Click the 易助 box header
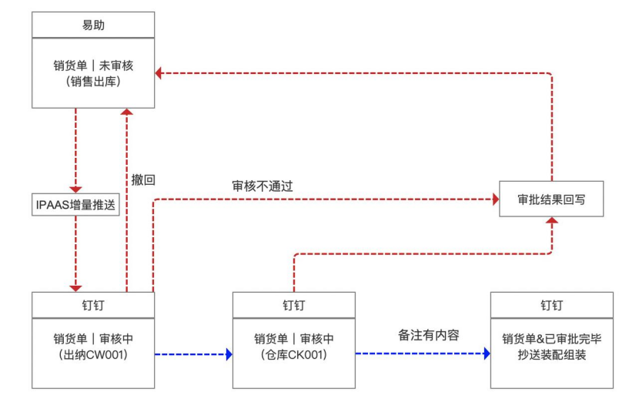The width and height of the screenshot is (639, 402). click(x=93, y=25)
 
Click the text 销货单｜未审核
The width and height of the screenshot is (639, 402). click(x=92, y=65)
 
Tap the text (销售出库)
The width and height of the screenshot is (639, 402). click(x=92, y=82)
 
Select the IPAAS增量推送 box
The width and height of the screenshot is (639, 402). click(x=75, y=204)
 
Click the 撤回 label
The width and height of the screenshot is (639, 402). click(x=143, y=180)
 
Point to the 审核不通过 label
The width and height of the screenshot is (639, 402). click(x=263, y=186)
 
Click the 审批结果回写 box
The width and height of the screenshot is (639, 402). click(x=551, y=199)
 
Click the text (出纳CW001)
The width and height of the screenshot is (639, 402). click(x=92, y=355)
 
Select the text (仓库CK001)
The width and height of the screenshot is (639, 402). click(x=293, y=355)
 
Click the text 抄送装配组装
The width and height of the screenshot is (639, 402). click(x=551, y=355)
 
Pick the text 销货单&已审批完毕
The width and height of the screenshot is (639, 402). click(x=551, y=339)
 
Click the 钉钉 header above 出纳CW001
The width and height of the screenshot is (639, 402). click(x=93, y=305)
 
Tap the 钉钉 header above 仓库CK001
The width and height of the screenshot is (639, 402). click(x=294, y=305)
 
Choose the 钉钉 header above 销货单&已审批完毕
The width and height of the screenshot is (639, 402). click(x=551, y=305)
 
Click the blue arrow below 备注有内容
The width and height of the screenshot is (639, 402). click(x=422, y=354)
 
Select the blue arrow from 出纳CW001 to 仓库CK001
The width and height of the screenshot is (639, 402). click(x=192, y=354)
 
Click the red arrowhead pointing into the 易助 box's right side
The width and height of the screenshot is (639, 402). click(x=159, y=73)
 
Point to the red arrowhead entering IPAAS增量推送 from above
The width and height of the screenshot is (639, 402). click(x=75, y=189)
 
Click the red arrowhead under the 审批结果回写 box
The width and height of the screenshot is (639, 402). click(x=551, y=222)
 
